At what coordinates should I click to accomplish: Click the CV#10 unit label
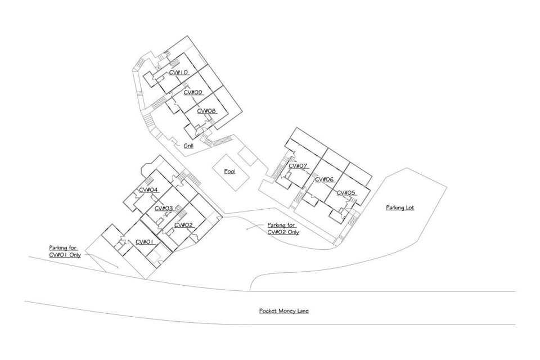pyautogui.click(x=178, y=73)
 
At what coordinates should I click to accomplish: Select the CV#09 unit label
pyautogui.click(x=192, y=92)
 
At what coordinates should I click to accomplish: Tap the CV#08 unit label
pyautogui.click(x=206, y=111)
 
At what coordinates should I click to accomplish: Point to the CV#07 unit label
pyautogui.click(x=298, y=166)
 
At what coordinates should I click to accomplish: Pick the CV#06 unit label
pyautogui.click(x=325, y=179)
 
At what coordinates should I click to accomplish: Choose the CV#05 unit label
pyautogui.click(x=346, y=193)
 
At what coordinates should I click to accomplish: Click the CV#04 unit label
pyautogui.click(x=148, y=190)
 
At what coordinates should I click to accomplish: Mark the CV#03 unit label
pyautogui.click(x=163, y=208)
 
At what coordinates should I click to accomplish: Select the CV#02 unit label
pyautogui.click(x=183, y=225)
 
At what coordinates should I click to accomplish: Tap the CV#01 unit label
pyautogui.click(x=145, y=242)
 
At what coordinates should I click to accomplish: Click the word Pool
pyautogui.click(x=229, y=171)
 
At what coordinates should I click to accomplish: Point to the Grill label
pyautogui.click(x=188, y=146)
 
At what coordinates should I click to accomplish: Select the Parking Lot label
pyautogui.click(x=400, y=208)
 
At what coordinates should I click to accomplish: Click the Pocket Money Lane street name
pyautogui.click(x=284, y=310)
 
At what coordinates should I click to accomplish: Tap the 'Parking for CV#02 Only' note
pyautogui.click(x=283, y=228)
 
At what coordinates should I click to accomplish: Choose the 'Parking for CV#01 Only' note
pyautogui.click(x=65, y=251)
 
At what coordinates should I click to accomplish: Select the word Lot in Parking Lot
pyautogui.click(x=409, y=208)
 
